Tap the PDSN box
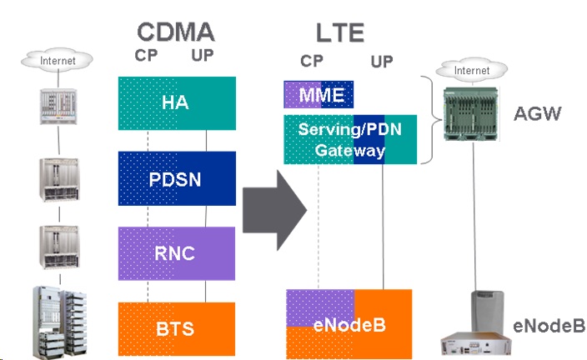(176, 177)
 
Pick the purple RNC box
(176, 252)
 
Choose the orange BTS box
(176, 327)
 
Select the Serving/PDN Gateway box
(349, 140)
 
